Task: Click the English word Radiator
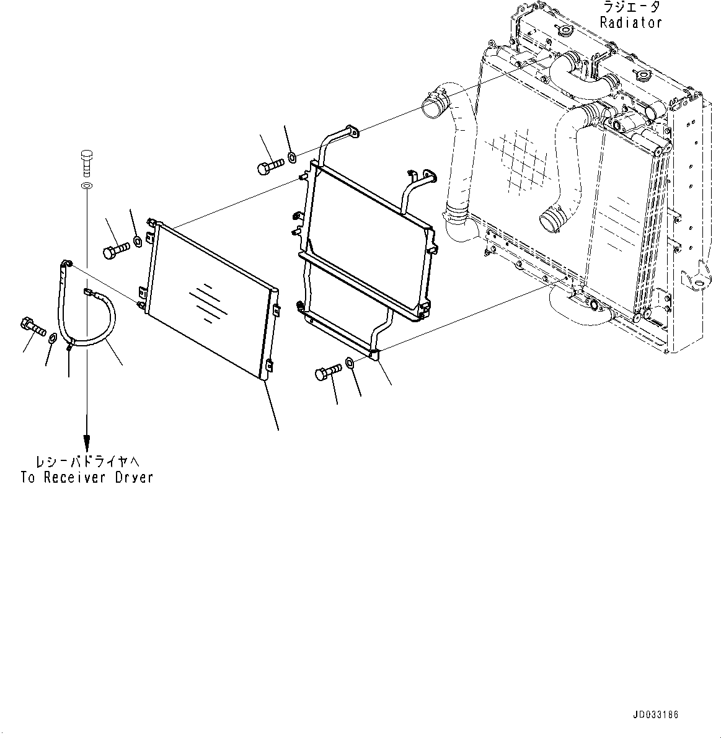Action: coord(630,22)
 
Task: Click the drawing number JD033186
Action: coord(655,715)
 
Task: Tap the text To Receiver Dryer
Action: coord(86,478)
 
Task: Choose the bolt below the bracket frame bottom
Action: coord(329,372)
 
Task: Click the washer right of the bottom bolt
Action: coord(350,362)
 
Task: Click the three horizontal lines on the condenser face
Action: coord(205,302)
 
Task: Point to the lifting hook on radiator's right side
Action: coord(697,278)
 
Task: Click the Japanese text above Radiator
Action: coord(630,7)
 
